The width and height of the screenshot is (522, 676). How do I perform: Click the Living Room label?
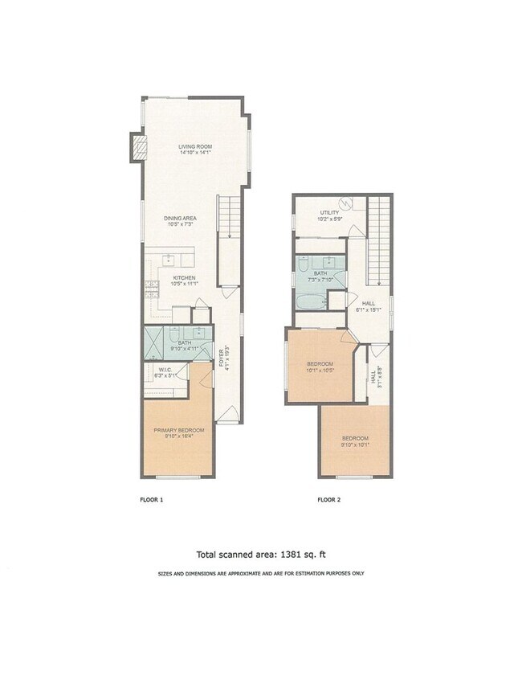[x=194, y=146]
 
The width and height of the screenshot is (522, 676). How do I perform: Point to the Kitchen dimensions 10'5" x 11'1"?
[x=183, y=284]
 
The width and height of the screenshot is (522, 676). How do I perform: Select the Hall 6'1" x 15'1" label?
[x=369, y=305]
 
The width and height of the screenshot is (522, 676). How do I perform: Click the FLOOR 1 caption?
[x=151, y=500]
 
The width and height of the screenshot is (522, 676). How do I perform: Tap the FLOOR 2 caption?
[x=328, y=500]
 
